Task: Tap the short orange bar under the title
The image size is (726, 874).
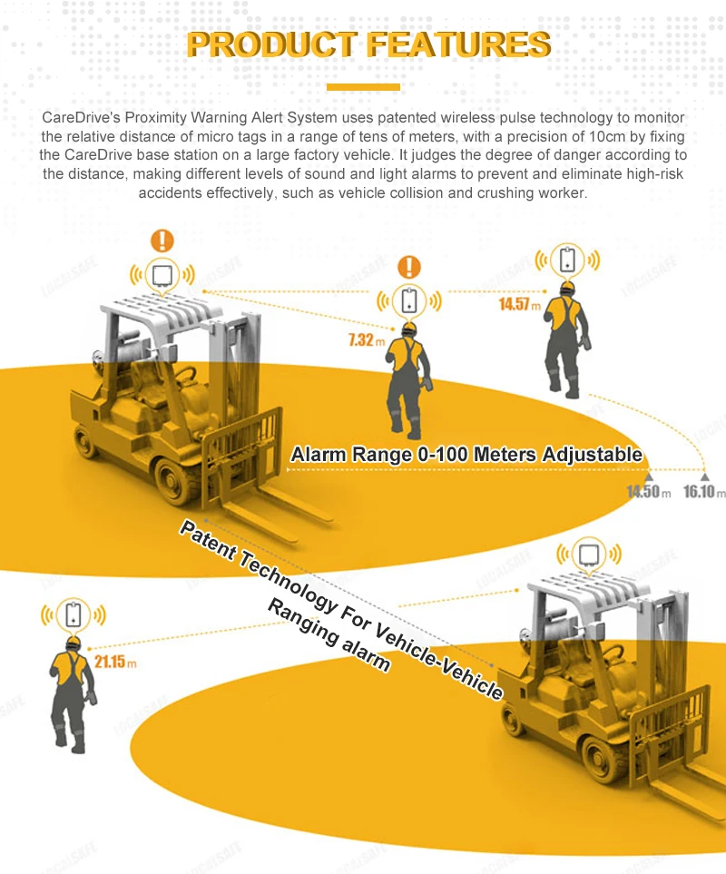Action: pos(363,87)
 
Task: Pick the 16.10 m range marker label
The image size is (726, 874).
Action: pos(705,492)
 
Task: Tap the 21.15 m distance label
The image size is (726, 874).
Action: pos(114,662)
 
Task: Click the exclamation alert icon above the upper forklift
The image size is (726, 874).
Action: pos(162,241)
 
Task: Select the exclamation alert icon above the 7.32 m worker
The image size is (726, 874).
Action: pos(410,266)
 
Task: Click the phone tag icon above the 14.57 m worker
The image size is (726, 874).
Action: pos(568,260)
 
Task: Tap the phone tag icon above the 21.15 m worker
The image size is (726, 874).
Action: pos(74,614)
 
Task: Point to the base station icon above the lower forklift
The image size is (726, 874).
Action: pos(591,553)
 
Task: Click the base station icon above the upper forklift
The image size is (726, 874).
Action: pos(162,274)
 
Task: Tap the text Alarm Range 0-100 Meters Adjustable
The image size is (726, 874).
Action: pos(466,455)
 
